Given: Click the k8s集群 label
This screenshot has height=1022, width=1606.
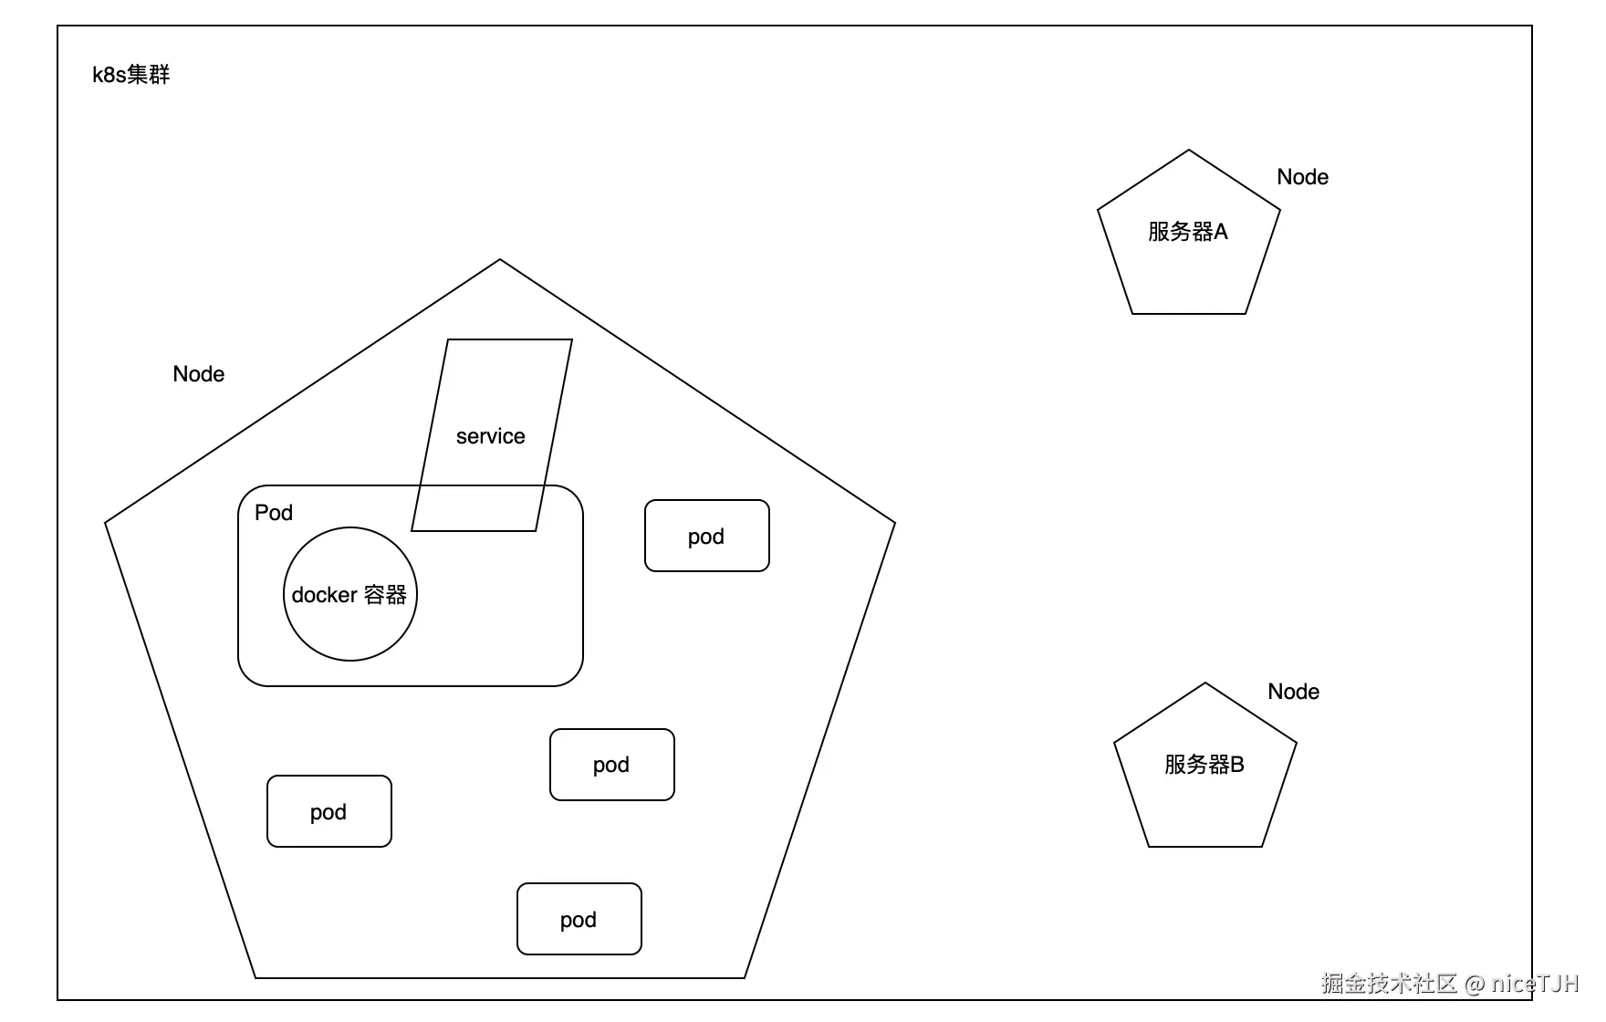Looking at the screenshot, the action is click(131, 75).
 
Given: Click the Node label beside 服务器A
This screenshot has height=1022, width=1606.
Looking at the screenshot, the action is click(1302, 177).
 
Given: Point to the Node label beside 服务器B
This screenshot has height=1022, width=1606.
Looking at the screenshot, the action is click(1293, 692).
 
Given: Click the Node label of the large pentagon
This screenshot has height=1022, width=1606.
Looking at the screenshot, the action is click(199, 374).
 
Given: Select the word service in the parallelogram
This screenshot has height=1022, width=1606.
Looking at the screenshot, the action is click(491, 436).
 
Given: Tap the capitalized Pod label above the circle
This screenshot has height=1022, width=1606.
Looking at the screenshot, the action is click(274, 513).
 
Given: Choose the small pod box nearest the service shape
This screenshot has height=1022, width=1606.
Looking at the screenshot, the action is click(707, 536).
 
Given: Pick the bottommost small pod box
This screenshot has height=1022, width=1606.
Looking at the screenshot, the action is click(579, 919).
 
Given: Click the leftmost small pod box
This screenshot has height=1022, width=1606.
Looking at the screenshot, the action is click(329, 811).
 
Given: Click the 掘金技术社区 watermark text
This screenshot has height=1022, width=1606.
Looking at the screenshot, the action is click(1390, 984).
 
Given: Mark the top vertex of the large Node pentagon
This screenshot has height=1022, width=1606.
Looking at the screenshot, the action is click(500, 259).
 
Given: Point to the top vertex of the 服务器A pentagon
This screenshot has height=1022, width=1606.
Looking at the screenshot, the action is click(1189, 150).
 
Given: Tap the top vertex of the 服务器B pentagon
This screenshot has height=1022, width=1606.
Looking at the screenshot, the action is click(1205, 683).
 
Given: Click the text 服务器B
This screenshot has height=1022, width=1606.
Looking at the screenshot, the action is click(1204, 765).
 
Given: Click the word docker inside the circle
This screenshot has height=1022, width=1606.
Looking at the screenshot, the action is click(324, 595).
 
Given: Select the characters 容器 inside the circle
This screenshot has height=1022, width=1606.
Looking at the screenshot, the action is click(385, 595).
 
